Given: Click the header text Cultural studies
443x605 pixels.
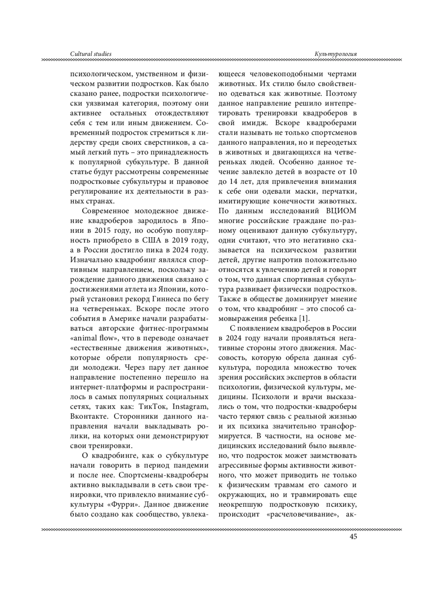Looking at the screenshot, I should coord(90,54).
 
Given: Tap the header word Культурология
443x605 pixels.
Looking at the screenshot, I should coord(336,54).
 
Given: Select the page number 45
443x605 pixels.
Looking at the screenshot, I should coord(353,537).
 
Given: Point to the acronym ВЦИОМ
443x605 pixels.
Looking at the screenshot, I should coord(341,211).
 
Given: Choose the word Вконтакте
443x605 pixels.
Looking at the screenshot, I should coord(89,416).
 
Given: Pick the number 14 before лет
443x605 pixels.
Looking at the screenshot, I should coord(231,182).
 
